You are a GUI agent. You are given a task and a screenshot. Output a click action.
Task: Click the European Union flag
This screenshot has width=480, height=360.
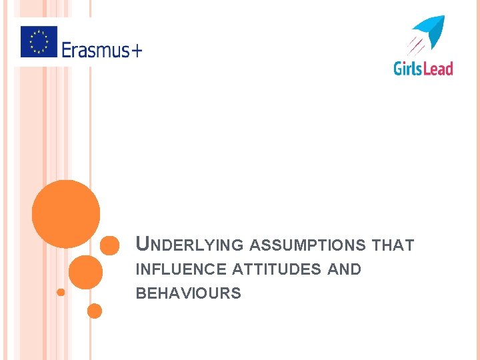click(39, 41)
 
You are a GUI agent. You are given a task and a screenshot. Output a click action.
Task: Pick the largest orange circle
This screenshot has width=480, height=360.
click(66, 214)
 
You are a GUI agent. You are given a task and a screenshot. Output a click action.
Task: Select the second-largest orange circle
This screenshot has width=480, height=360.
click(85, 272)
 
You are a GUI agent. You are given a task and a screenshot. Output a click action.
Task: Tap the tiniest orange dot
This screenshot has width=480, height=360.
click(61, 292)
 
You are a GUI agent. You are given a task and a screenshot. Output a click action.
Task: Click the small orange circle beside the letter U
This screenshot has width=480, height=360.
click(109, 245)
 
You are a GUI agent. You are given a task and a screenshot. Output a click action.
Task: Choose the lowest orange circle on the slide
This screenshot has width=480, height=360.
click(95, 311)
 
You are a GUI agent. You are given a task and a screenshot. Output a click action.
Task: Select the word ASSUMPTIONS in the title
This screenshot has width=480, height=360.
click(307, 245)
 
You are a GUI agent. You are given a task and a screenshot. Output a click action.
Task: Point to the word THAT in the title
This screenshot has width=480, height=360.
click(393, 245)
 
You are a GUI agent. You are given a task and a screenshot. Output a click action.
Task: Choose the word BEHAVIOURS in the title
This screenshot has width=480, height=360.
click(188, 294)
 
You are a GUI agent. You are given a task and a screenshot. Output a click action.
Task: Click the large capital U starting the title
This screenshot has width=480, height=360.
click(142, 244)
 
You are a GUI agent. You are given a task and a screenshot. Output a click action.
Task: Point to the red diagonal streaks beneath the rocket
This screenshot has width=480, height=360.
click(415, 45)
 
